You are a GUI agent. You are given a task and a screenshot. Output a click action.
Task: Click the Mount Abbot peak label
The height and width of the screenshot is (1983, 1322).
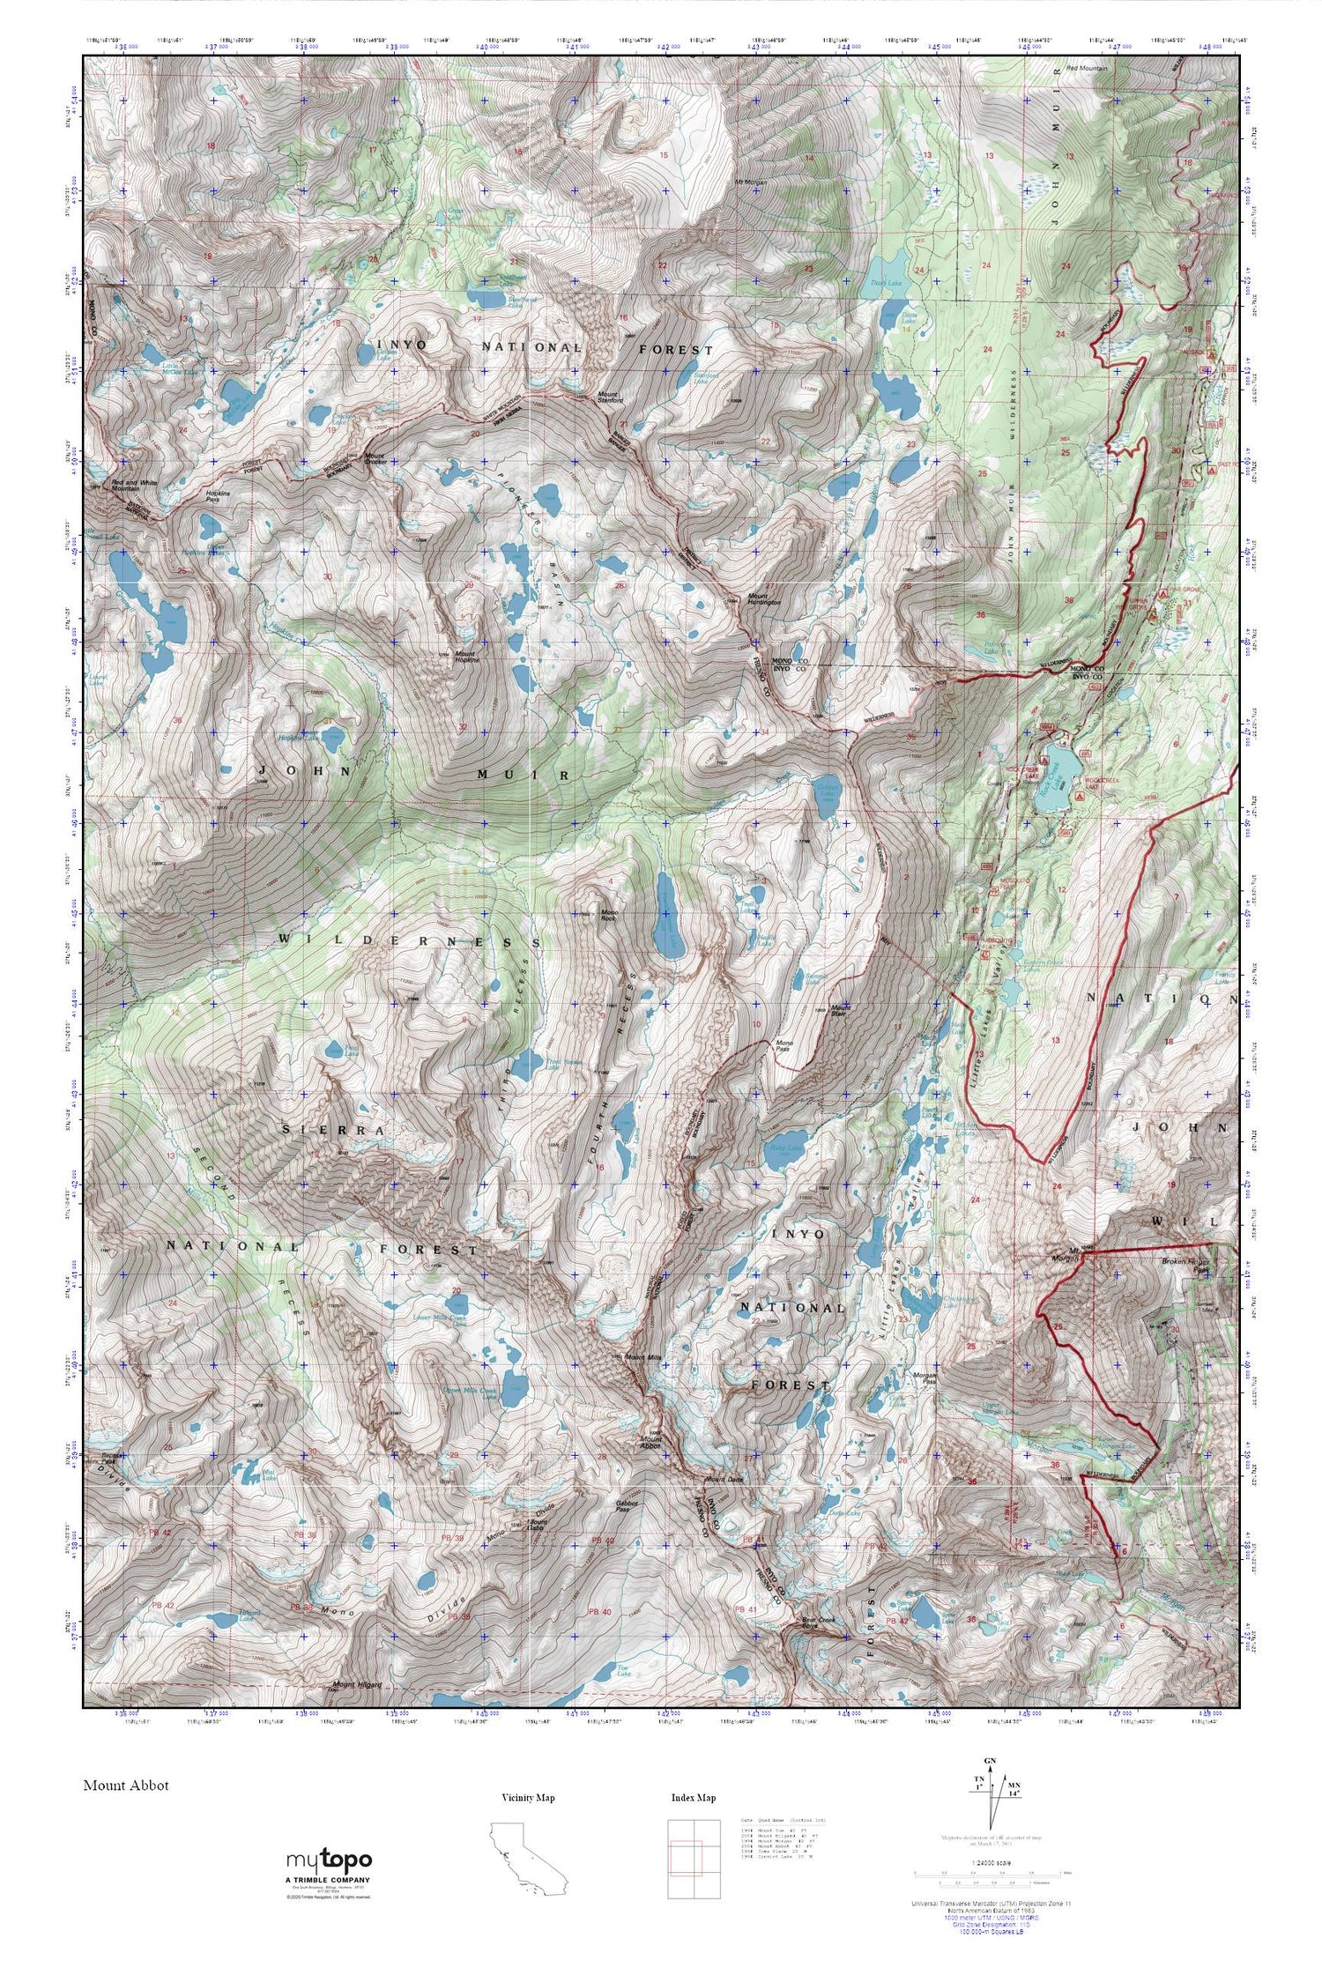coord(650,1443)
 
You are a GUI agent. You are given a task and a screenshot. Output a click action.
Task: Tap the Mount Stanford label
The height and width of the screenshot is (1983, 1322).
coord(610,397)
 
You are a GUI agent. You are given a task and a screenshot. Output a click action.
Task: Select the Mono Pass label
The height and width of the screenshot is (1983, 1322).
coord(783,1046)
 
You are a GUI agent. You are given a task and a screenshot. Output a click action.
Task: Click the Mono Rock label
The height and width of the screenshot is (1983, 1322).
coord(608,916)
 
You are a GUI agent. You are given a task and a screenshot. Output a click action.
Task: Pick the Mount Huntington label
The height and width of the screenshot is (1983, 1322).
coord(764,598)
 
